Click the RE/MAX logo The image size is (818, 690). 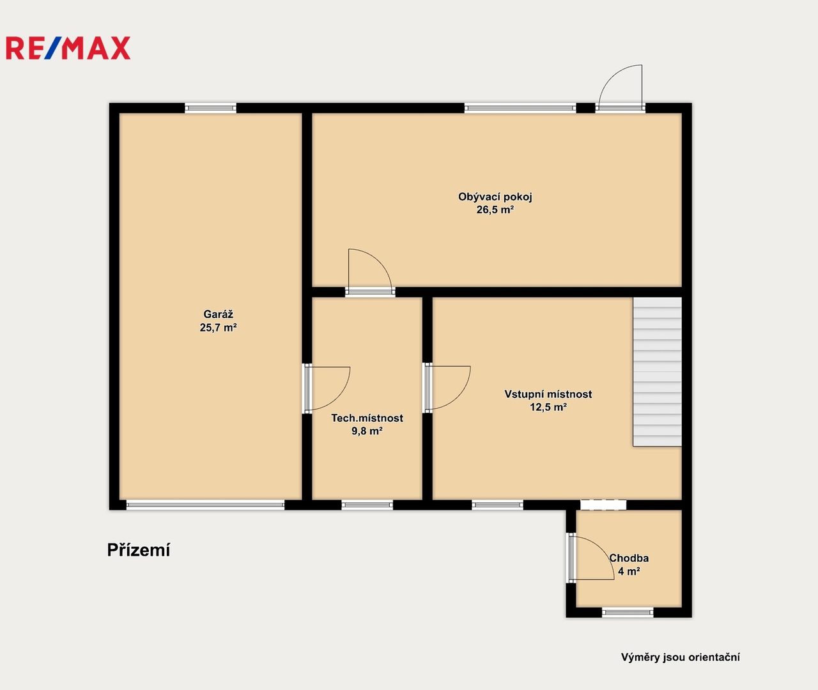(x=68, y=48)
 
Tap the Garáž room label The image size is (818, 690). (x=218, y=314)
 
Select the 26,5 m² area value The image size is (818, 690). (x=495, y=210)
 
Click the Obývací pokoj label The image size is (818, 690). (x=495, y=197)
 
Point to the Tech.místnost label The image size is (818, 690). (x=367, y=418)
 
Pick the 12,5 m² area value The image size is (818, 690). (x=548, y=407)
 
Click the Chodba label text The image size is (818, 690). (x=629, y=558)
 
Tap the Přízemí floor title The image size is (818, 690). (x=139, y=550)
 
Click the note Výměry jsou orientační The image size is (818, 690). (x=680, y=657)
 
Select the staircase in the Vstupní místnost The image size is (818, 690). (x=658, y=372)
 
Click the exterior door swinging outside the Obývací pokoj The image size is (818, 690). (x=621, y=89)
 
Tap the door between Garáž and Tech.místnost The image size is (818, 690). (x=327, y=388)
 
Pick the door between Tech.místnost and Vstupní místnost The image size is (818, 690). (x=447, y=388)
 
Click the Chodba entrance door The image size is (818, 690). (x=591, y=558)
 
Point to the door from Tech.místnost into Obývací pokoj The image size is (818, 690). (x=370, y=272)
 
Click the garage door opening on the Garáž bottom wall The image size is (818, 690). (x=205, y=505)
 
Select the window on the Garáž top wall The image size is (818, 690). (x=211, y=108)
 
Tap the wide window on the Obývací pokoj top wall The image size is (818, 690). (x=520, y=108)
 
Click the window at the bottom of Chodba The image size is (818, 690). (x=628, y=612)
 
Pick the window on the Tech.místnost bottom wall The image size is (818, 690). (x=367, y=505)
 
